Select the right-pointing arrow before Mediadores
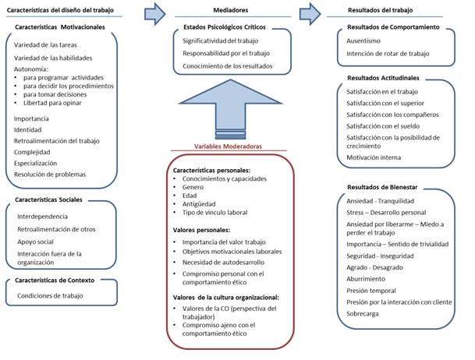coord(155,12)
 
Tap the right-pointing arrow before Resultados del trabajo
coord(310,12)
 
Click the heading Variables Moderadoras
coord(232,146)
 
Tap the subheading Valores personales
coord(202,230)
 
